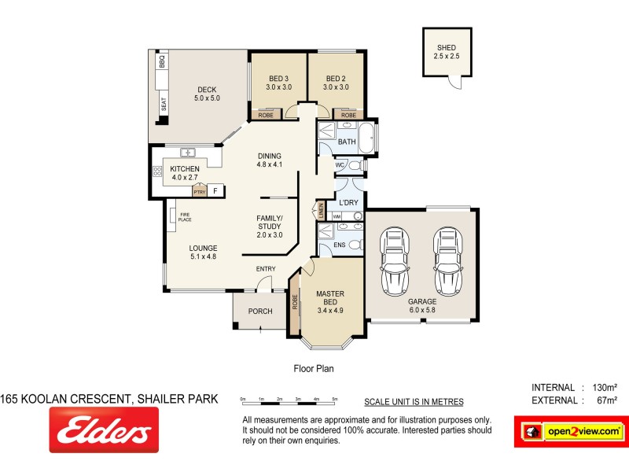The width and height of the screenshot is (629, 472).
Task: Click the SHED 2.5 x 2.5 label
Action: [446, 53]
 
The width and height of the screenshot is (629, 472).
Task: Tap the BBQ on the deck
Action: [162, 61]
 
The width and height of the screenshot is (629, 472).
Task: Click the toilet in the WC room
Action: [355, 166]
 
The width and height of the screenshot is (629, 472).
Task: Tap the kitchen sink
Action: [189, 152]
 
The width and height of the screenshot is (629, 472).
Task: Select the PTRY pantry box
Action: [199, 190]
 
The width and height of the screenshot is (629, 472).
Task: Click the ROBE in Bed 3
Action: [265, 115]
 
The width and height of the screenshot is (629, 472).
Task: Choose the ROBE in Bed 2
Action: [348, 115]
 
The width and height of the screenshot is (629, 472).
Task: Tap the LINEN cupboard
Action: [321, 210]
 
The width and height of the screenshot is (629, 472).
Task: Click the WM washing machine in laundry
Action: [337, 216]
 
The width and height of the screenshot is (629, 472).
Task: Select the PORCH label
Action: [260, 312]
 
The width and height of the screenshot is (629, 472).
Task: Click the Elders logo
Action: [100, 433]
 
